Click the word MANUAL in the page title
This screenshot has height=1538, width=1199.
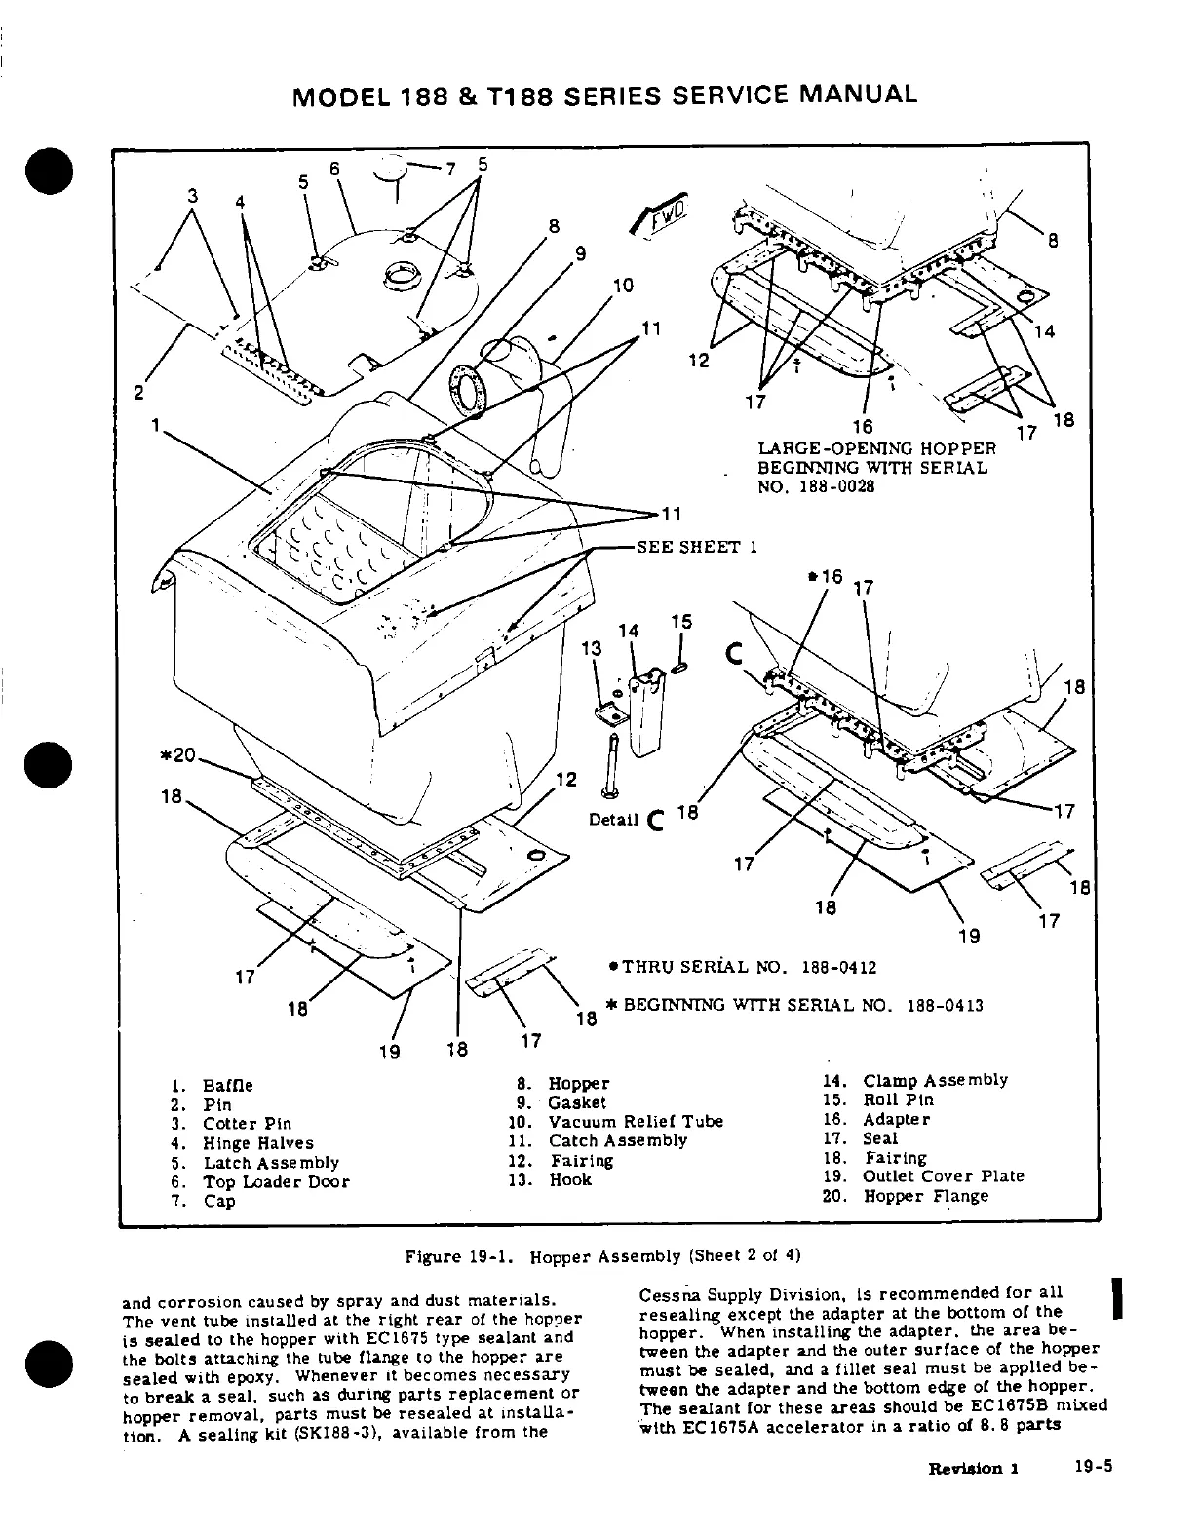click(x=858, y=95)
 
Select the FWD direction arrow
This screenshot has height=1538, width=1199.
click(x=663, y=216)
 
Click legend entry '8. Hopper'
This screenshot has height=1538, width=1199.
click(x=565, y=1084)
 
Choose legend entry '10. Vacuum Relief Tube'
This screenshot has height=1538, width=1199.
click(x=616, y=1122)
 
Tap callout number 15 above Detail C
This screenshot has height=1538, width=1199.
click(x=681, y=621)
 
